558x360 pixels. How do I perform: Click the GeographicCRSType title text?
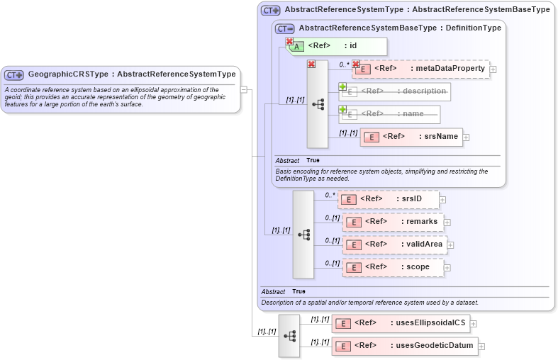[131, 74]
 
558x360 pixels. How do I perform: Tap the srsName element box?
[411, 137]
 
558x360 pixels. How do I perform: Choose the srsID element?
[388, 199]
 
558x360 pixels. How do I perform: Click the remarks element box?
[393, 222]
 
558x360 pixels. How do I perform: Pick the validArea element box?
[394, 244]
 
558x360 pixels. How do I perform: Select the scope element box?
[393, 267]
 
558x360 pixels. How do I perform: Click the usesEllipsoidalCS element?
[401, 323]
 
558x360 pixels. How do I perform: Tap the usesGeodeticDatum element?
[404, 346]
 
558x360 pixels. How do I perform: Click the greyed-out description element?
[394, 91]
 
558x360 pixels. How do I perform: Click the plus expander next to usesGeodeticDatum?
[481, 347]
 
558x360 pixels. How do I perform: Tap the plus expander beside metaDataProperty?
[493, 69]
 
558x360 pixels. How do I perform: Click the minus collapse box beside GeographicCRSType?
[244, 89]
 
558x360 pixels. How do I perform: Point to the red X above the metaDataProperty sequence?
[311, 64]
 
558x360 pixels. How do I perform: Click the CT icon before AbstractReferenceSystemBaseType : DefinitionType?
[285, 28]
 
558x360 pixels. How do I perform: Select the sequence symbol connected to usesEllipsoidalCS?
[289, 334]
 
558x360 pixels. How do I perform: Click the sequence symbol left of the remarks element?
[303, 234]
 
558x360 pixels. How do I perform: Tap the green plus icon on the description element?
[342, 86]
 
